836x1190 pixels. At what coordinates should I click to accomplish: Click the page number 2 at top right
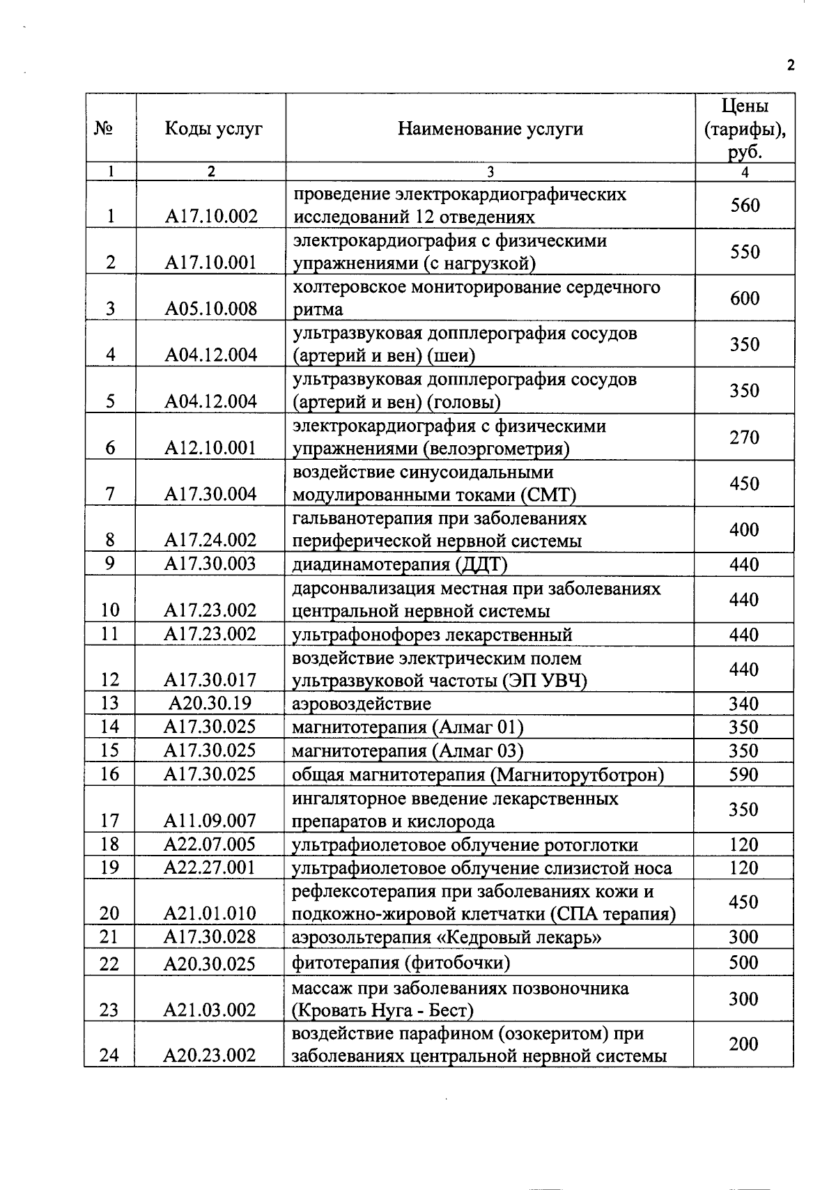tap(790, 65)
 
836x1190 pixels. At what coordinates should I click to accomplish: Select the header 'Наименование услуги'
tap(490, 129)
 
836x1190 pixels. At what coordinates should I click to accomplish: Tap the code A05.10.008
tap(211, 309)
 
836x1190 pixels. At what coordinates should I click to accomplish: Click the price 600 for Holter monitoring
tap(745, 298)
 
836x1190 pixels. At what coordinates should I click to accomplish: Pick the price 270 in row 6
tap(744, 438)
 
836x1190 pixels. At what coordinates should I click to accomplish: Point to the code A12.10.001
tap(211, 448)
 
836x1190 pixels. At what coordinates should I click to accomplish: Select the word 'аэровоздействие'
tap(361, 704)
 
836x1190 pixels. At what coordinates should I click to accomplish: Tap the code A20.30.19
tap(210, 704)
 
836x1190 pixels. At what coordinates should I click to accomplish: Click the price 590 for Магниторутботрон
tap(743, 775)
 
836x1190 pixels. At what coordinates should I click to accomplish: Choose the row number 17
tap(110, 821)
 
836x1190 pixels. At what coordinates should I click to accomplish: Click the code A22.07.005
tap(210, 845)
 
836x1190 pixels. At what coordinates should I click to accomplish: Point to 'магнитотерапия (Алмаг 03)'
tap(408, 751)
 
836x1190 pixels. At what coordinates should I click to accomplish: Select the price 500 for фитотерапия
tap(743, 963)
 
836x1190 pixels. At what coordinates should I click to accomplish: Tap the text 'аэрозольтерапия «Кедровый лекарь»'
tap(447, 938)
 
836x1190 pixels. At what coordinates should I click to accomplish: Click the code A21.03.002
tap(210, 1010)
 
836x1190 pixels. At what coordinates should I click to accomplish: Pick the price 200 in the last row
tap(743, 1044)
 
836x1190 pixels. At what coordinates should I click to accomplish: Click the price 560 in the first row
tap(745, 206)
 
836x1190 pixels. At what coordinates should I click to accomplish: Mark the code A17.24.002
tap(211, 541)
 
